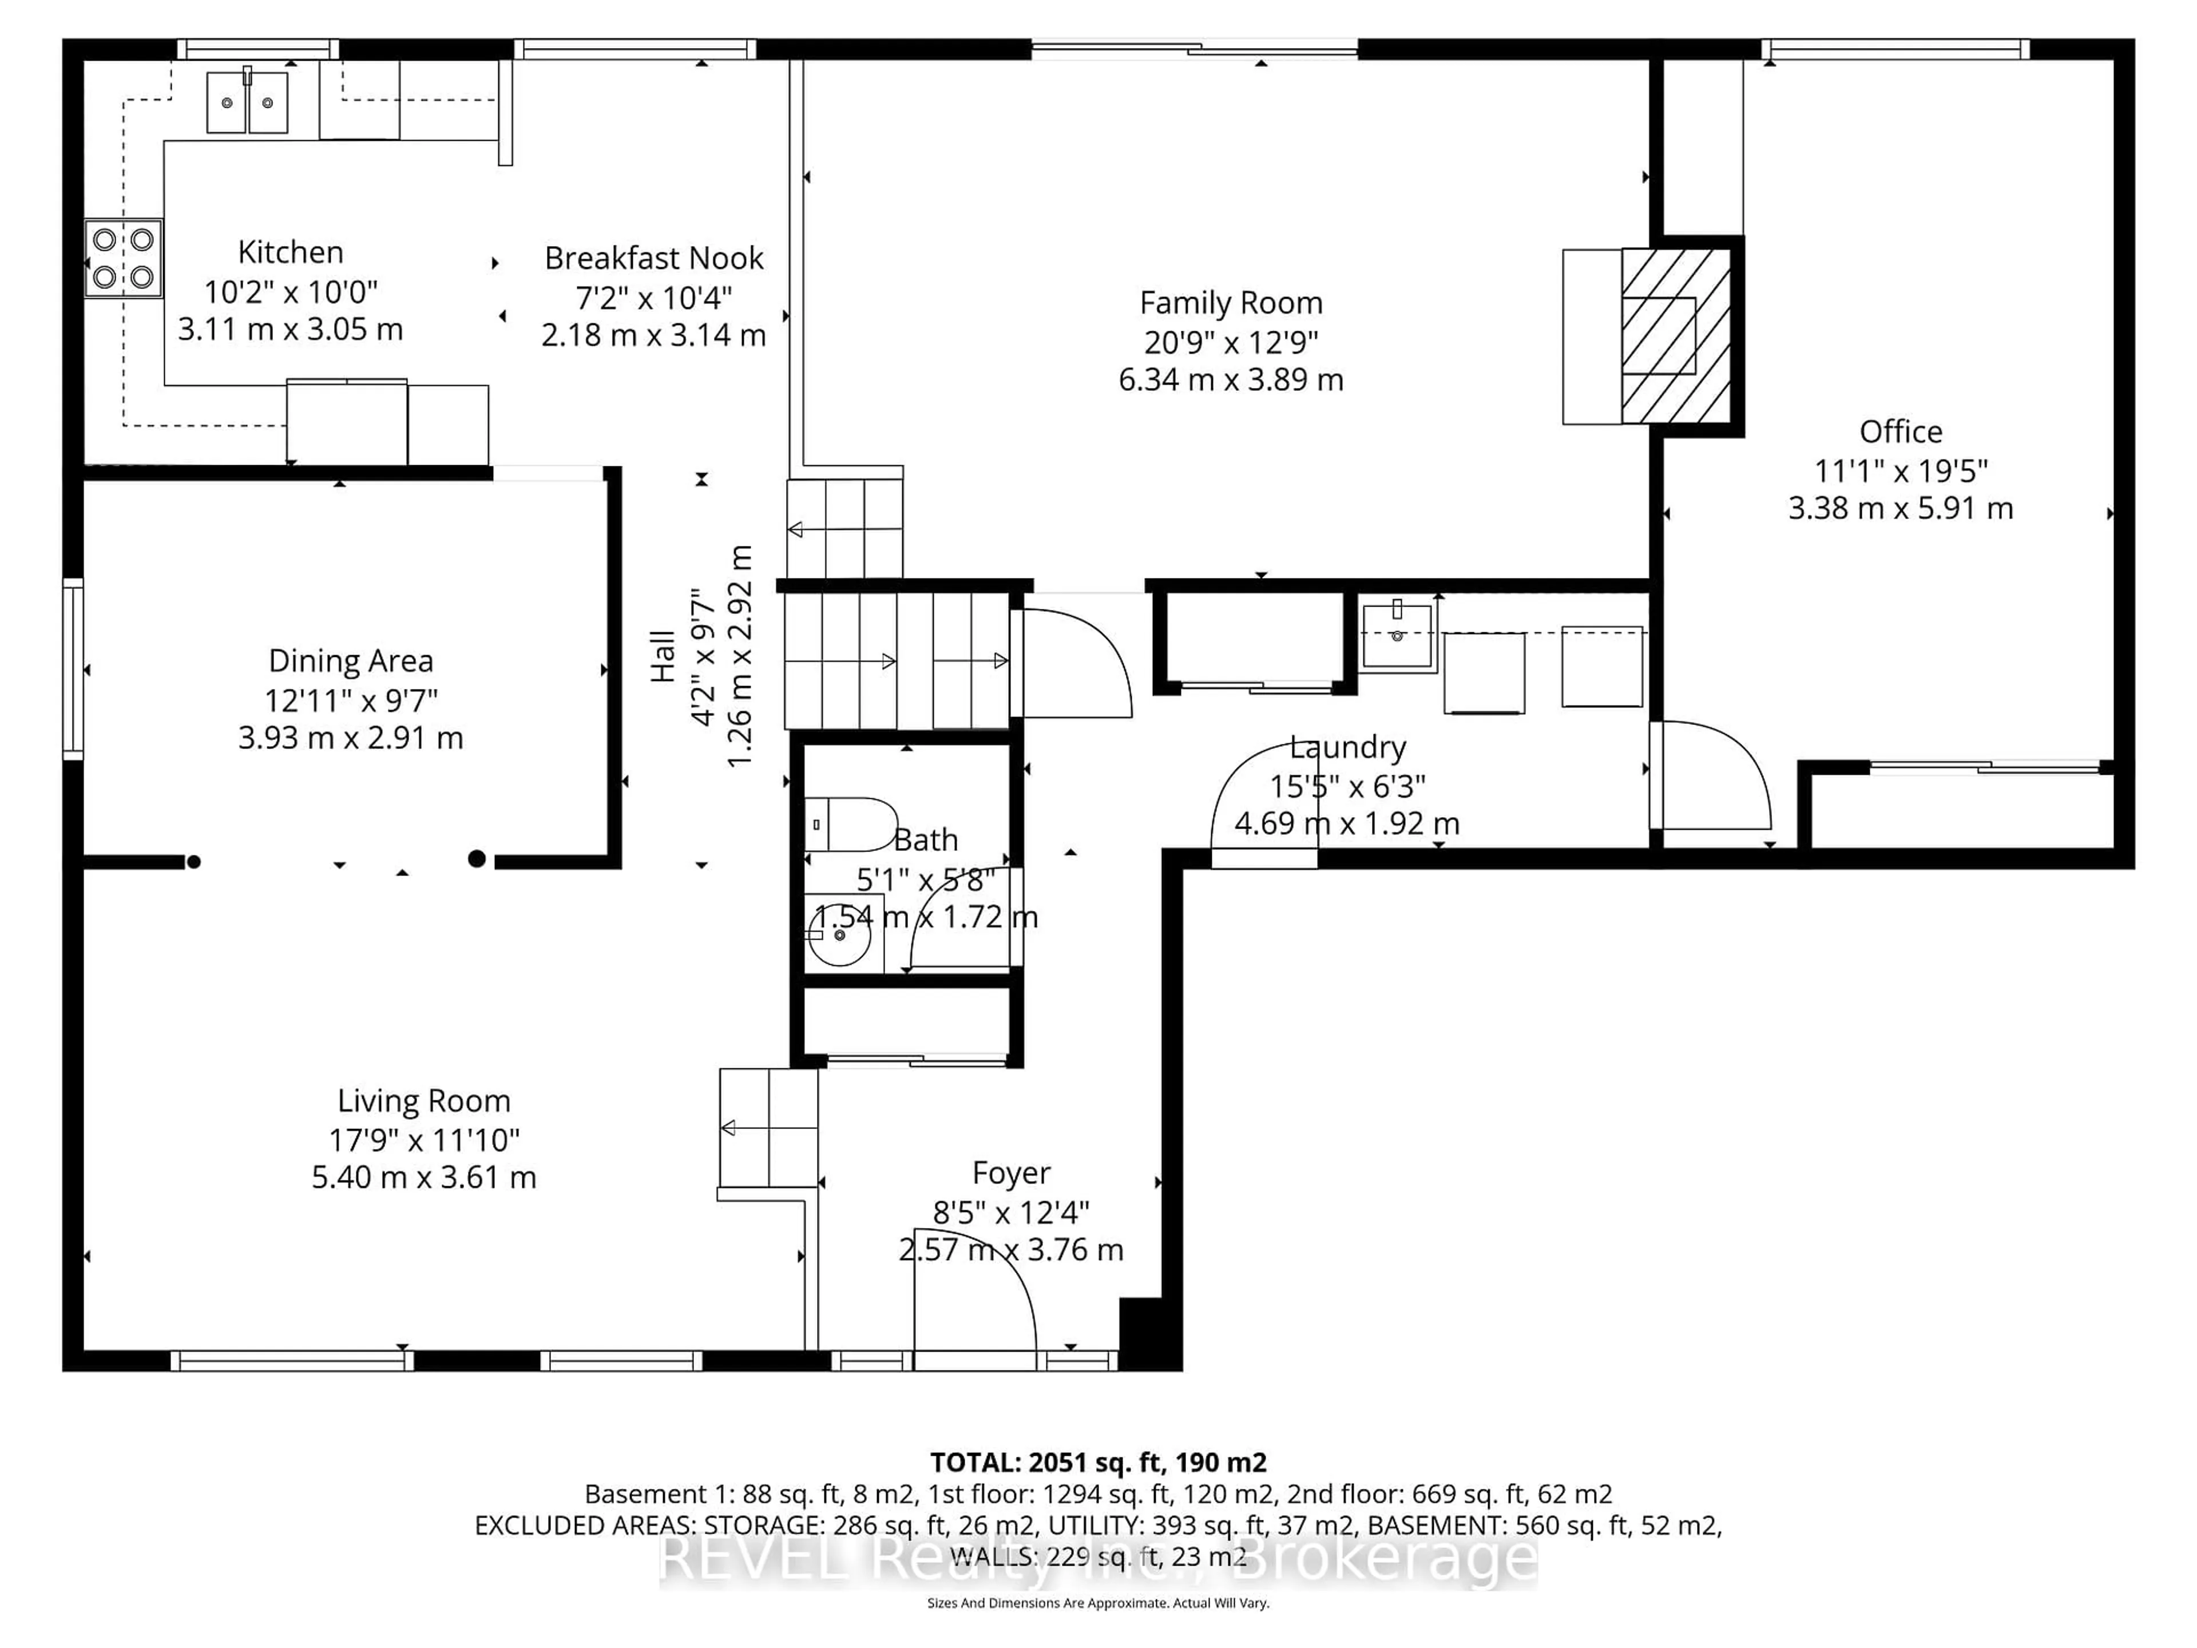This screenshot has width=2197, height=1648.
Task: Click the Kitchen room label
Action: click(290, 252)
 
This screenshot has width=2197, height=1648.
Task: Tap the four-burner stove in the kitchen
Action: click(123, 258)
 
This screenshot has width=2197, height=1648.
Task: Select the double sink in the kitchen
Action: click(247, 102)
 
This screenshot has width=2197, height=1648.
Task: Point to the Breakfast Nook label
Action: click(653, 258)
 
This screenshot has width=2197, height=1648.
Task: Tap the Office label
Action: click(1900, 432)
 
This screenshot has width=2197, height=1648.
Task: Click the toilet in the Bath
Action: click(849, 825)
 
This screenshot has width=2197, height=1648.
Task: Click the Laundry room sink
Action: click(1397, 635)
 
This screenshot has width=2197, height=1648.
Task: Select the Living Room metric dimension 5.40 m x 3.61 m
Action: click(424, 1177)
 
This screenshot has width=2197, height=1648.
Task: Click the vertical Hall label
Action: click(663, 656)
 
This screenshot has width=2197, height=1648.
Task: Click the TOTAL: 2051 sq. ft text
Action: click(1097, 1462)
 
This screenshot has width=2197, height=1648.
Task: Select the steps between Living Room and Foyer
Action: click(768, 1127)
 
